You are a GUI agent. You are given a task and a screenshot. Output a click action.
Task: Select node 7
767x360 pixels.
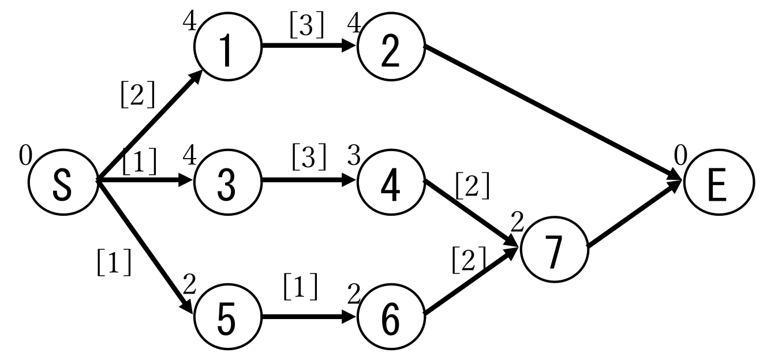point(554,249)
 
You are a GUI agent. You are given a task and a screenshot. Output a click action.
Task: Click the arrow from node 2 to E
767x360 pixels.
point(554,113)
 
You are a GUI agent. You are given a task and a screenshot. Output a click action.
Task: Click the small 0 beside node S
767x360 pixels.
point(25,155)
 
